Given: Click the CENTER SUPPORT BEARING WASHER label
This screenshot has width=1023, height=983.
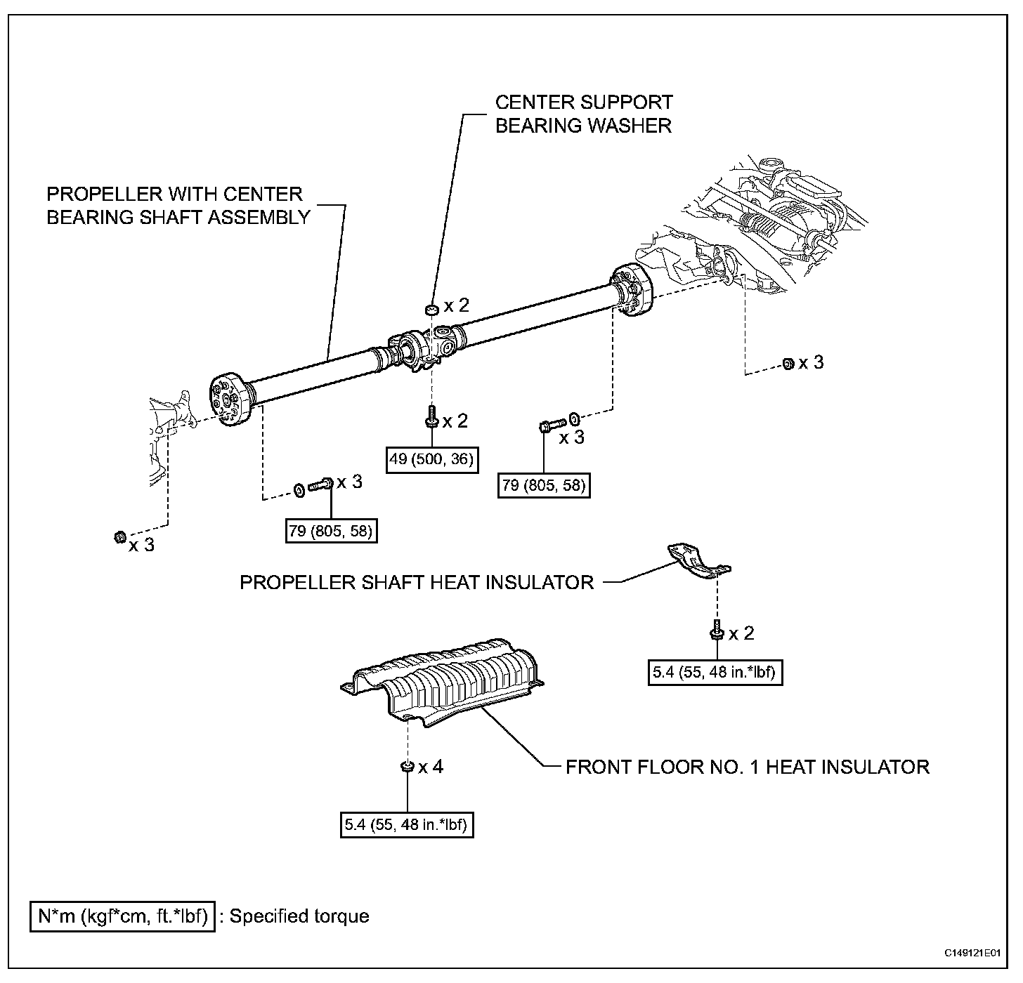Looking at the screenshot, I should (x=583, y=114).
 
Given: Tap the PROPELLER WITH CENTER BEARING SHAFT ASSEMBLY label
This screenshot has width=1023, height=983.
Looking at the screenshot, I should (x=178, y=205).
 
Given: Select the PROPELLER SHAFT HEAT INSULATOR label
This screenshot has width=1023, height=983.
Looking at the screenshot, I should (x=417, y=582).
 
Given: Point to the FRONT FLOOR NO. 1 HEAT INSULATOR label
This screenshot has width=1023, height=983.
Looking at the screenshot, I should (x=747, y=766).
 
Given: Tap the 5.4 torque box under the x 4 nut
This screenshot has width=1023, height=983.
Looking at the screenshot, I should (x=407, y=824).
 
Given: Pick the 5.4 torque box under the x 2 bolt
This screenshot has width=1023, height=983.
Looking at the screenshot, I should (x=715, y=672).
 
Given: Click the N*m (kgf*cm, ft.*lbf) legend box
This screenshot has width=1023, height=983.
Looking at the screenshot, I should (x=123, y=916).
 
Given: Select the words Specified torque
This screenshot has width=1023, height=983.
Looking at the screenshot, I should (x=299, y=916).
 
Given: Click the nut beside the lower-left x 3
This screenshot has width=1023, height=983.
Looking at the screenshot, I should (x=119, y=538).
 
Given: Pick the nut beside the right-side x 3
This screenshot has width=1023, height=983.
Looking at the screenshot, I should (x=788, y=363).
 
